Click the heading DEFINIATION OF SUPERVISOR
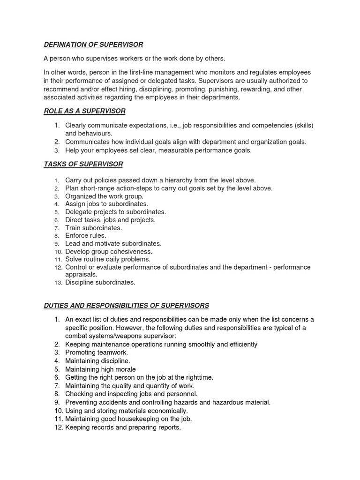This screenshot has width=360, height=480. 93,45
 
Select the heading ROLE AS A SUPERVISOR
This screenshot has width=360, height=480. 84,111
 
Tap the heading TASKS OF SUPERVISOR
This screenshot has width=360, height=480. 83,164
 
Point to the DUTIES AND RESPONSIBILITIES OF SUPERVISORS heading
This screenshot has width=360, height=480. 126,305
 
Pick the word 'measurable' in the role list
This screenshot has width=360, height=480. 180,150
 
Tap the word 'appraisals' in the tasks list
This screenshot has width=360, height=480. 81,274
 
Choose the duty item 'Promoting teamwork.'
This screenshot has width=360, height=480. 97,352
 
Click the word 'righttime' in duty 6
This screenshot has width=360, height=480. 197,377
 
